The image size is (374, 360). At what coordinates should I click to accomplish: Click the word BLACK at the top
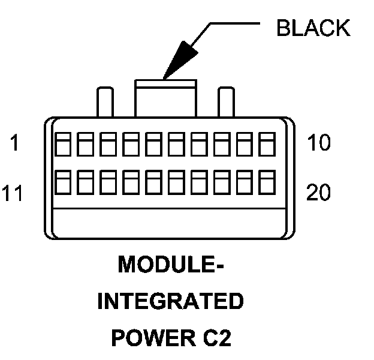click(x=313, y=28)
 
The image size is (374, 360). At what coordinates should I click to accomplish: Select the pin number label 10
click(x=318, y=144)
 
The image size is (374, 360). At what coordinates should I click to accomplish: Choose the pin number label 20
click(x=319, y=193)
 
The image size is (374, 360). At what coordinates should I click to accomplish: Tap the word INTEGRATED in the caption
click(x=170, y=301)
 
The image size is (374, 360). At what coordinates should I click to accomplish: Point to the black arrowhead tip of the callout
click(x=164, y=76)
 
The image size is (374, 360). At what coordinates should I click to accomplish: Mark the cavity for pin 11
click(x=62, y=182)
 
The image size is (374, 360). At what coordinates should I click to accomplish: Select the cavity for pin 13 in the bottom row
click(x=108, y=182)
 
